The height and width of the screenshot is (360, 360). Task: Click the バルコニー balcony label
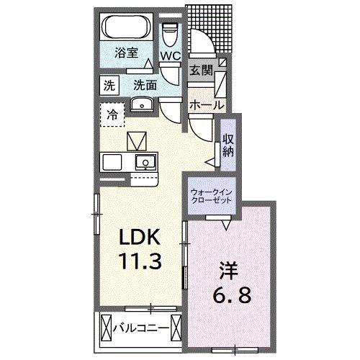142,330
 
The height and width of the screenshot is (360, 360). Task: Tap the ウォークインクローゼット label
212,197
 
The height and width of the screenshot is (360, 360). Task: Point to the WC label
171,55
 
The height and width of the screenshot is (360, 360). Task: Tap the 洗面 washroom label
145,84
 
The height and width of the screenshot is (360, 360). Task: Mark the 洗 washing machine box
108,84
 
